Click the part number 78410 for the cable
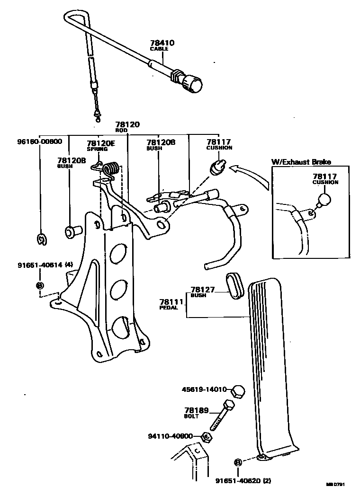point(162,43)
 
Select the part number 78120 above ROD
point(128,125)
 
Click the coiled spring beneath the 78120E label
point(112,169)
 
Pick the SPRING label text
point(97,149)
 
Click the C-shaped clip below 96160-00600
point(42,240)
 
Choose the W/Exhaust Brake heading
point(301,161)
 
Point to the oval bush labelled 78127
point(234,285)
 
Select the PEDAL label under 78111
point(168,308)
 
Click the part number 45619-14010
point(204,390)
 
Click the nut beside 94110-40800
point(205,437)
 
